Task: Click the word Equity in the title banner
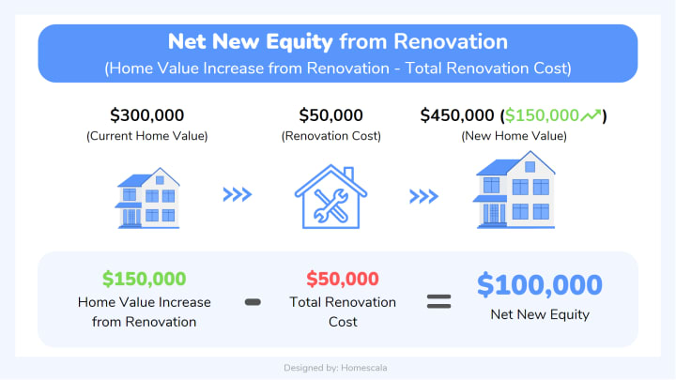300,42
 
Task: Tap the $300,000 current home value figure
147,115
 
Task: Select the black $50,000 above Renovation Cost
331,115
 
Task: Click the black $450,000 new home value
457,115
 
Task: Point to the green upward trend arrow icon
591,115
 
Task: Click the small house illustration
148,198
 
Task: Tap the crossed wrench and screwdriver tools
331,205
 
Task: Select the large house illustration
515,190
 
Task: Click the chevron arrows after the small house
238,194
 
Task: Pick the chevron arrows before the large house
423,196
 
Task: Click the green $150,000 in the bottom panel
144,280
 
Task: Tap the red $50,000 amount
343,280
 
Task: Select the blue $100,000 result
540,285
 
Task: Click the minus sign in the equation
253,302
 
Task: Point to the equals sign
438,301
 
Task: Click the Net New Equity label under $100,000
540,315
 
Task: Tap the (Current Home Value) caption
147,136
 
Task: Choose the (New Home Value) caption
514,136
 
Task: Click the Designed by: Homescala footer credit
335,368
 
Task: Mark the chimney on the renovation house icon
348,174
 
